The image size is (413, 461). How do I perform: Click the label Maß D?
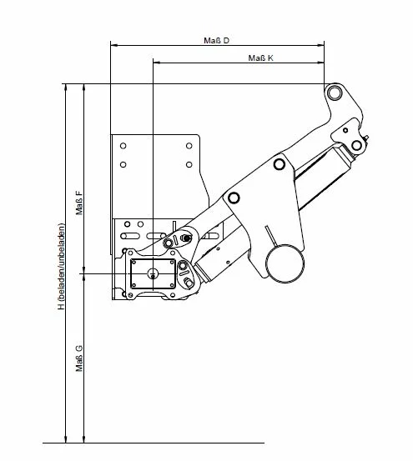tap(216, 40)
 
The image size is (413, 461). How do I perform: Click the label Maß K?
tap(260, 58)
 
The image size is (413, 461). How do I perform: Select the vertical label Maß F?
tap(79, 203)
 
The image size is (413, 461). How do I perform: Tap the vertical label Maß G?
tap(79, 358)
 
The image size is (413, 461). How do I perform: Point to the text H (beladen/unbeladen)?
tap(61, 267)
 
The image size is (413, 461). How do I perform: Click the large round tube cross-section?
tap(285, 263)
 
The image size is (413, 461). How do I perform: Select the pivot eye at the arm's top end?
tap(335, 93)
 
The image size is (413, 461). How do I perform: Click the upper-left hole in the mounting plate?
tap(123, 146)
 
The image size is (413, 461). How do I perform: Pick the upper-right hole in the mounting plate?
tap(189, 146)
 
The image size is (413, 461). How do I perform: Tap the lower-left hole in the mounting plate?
tap(123, 165)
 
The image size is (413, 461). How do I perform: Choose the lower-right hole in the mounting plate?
tap(189, 165)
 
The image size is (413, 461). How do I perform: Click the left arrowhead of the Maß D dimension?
tap(114, 45)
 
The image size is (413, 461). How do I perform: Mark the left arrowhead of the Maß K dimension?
tap(157, 63)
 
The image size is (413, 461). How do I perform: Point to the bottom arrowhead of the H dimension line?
tap(66, 438)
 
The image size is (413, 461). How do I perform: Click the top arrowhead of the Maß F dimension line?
tap(84, 88)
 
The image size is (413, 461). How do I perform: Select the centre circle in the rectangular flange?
tap(153, 273)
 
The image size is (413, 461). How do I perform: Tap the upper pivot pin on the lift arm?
tap(280, 164)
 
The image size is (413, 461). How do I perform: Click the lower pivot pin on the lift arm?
tap(234, 198)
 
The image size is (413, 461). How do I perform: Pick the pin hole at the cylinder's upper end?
tap(356, 145)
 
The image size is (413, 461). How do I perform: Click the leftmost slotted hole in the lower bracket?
tap(129, 236)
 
